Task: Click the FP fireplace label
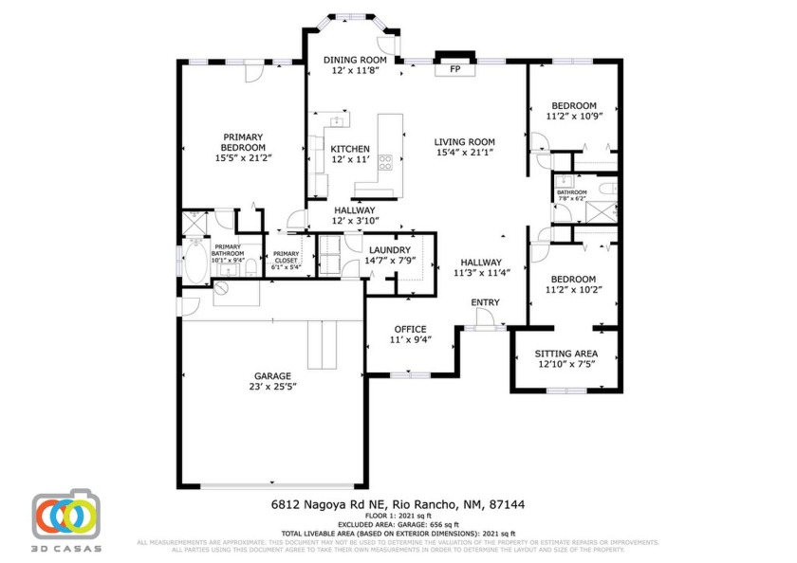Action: (454, 69)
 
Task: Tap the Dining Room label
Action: (353, 60)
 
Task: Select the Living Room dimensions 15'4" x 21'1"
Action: (465, 153)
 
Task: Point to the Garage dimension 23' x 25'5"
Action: (272, 387)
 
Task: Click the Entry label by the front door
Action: (485, 302)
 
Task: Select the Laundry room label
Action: (388, 248)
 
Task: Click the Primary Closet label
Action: (286, 257)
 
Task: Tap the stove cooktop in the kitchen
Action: (386, 162)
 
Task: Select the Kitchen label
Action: (349, 149)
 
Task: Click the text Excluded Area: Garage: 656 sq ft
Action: (398, 524)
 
